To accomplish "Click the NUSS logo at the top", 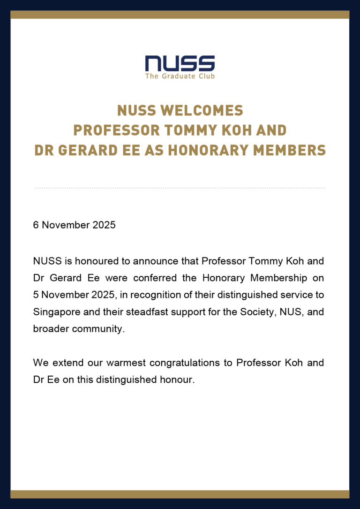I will point(180,63).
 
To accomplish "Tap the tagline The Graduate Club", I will point(180,76).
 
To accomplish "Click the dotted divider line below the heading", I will point(180,188).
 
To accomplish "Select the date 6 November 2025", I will point(74,225).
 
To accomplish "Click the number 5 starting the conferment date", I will point(36,295).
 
